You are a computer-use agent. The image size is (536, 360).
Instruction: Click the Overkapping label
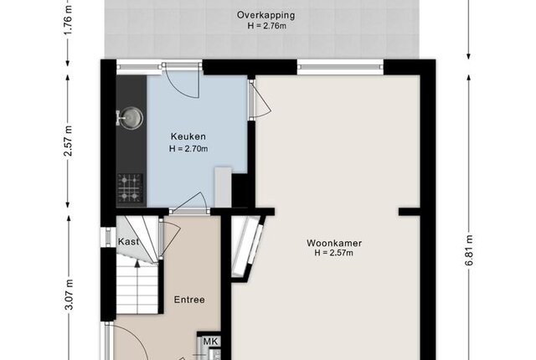(x=265, y=15)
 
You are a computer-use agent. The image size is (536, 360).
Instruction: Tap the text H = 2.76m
(x=266, y=26)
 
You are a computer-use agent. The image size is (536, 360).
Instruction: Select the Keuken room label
(x=188, y=136)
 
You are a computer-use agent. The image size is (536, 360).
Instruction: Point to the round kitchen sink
(x=130, y=118)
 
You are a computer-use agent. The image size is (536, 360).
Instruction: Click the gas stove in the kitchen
(x=130, y=188)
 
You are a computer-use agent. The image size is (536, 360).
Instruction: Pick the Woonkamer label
(x=334, y=243)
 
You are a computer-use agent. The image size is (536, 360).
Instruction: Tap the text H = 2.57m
(x=333, y=253)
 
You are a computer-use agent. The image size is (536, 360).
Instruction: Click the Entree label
(x=189, y=300)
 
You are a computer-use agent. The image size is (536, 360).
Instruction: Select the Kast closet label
(x=128, y=242)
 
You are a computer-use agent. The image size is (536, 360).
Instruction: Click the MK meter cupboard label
(x=210, y=342)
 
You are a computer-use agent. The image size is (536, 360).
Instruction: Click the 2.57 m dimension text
(x=69, y=141)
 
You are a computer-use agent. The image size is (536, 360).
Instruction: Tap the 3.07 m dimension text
(x=69, y=295)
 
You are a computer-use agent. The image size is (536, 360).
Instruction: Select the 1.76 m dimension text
(x=68, y=18)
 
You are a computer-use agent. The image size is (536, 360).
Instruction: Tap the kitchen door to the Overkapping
(x=181, y=80)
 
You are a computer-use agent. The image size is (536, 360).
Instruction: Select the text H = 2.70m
(x=188, y=149)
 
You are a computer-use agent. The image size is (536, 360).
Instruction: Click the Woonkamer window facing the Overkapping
(x=340, y=67)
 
